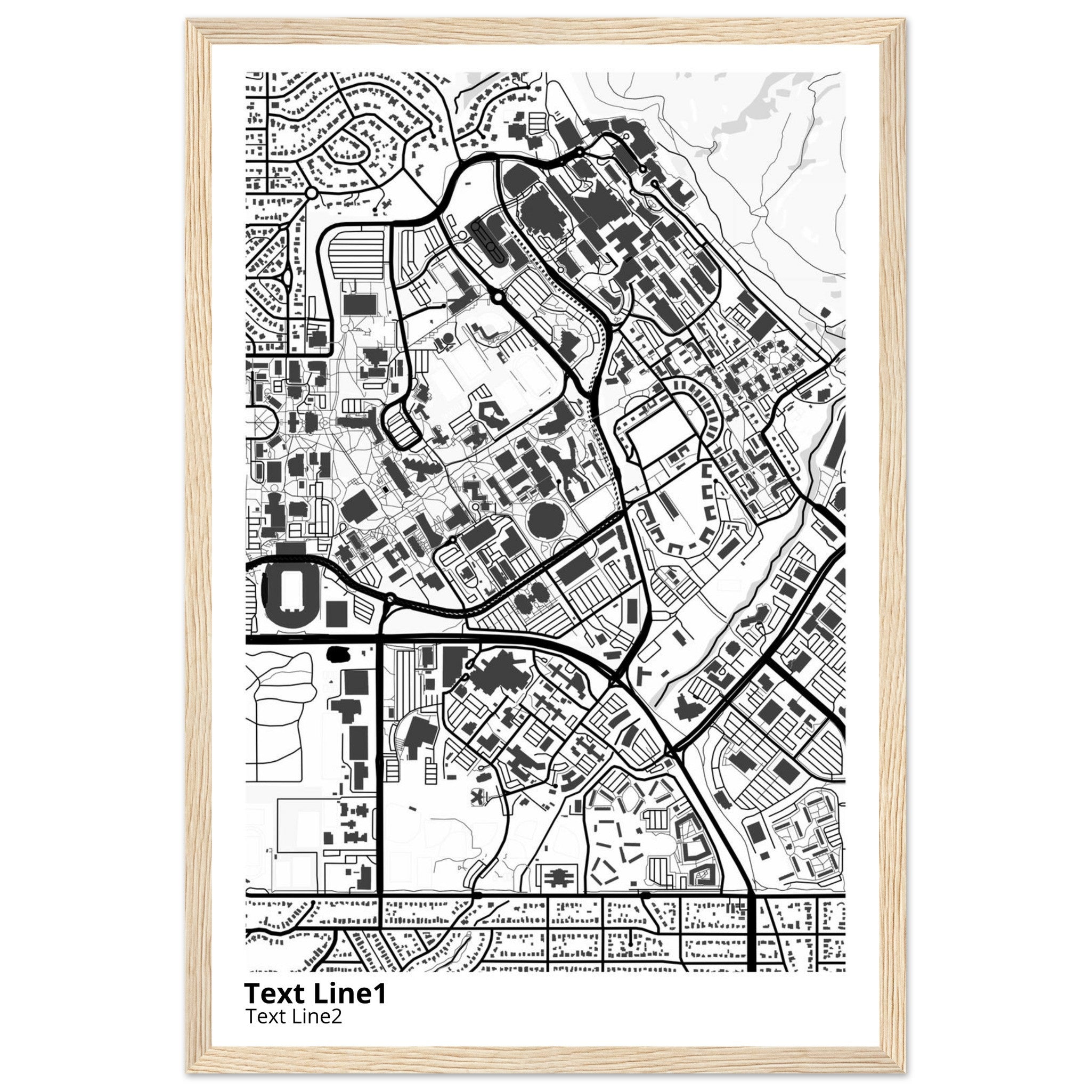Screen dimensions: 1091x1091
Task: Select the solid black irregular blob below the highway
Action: (338, 654)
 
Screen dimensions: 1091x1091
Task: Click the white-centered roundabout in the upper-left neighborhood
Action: (311, 193)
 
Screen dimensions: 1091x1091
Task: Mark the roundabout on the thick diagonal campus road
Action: (498, 297)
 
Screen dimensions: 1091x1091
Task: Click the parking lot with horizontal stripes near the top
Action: (356, 254)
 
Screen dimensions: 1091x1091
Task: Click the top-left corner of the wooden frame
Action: (189, 20)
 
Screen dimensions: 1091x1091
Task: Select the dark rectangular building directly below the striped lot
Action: (360, 304)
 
